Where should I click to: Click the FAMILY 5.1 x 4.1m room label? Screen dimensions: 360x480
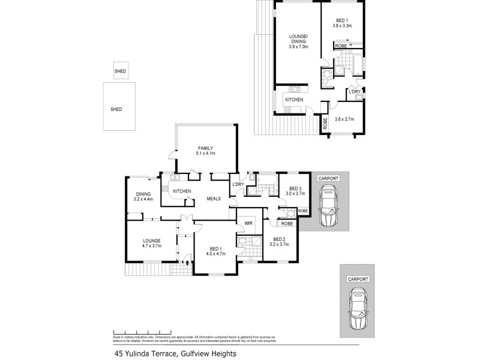point(206,151)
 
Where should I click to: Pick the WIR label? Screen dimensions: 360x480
point(247,224)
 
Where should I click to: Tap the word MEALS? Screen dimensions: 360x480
point(214,199)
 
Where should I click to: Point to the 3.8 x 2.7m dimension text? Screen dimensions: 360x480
point(344,119)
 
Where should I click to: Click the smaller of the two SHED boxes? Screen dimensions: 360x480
point(120,72)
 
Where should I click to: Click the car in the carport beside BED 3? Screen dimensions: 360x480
point(328,206)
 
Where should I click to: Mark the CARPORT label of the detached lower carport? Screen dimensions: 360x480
point(358,280)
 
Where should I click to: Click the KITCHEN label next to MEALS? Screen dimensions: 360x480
point(182,191)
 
